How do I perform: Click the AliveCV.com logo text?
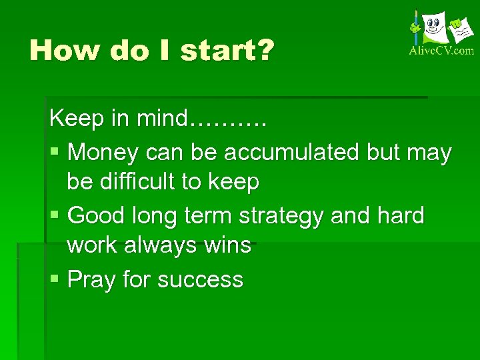click(x=441, y=50)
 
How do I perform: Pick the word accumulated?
click(x=293, y=153)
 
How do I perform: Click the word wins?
click(x=228, y=245)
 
